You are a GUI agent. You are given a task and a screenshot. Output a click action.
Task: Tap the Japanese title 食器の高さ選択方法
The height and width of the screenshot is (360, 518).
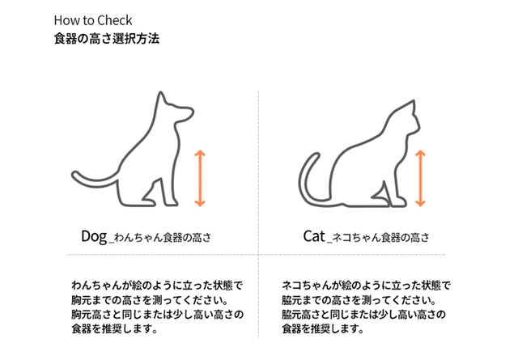click(107, 39)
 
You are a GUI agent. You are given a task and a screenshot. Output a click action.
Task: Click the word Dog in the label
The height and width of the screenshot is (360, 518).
click(94, 236)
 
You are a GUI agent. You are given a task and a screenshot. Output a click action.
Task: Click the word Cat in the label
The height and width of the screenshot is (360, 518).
click(314, 236)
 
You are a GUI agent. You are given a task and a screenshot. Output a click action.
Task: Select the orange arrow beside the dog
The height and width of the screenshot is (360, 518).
click(200, 178)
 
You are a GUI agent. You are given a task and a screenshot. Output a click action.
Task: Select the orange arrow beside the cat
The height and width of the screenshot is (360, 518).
click(420, 178)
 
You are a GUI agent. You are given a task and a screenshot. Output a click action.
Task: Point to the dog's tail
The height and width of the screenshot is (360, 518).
click(92, 182)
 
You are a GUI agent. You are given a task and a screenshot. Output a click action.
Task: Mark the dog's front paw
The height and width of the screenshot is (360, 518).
click(171, 202)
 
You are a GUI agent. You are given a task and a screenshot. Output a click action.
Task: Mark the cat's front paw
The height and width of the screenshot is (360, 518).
click(399, 202)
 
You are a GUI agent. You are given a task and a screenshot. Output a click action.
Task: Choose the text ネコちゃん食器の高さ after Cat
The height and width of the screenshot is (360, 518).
click(380, 238)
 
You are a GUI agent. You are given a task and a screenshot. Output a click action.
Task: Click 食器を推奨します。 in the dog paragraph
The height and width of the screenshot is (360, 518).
click(114, 328)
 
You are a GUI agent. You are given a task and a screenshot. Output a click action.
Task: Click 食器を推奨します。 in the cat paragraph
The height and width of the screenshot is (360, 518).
click(323, 328)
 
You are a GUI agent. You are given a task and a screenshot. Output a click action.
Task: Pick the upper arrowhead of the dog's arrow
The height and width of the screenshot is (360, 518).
click(200, 153)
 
